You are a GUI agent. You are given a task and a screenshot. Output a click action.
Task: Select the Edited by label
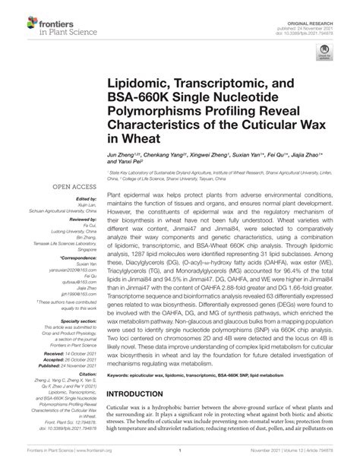[77, 198]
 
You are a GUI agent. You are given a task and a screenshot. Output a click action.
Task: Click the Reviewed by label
[75, 222]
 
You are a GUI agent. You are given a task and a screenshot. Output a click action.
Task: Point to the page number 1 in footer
[180, 460]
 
